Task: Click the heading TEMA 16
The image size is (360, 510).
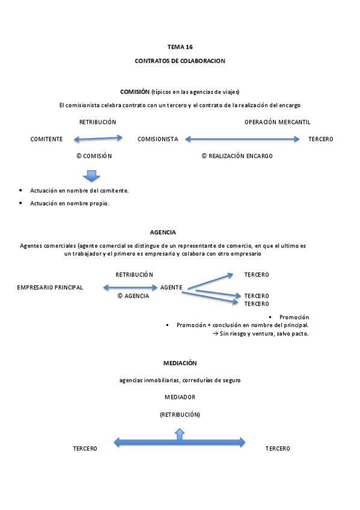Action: [x=180, y=46]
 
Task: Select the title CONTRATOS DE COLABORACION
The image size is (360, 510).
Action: [x=180, y=61]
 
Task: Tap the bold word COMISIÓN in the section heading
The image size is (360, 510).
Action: [x=135, y=92]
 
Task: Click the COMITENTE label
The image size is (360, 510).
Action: [x=46, y=140]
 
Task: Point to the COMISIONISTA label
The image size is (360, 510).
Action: [x=157, y=140]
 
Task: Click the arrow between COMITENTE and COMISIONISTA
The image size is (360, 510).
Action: [x=98, y=139]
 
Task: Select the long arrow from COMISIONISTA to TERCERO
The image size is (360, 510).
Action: [x=242, y=139]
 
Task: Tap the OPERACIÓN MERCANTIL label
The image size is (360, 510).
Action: [x=277, y=122]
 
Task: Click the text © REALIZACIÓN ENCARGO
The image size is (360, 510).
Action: [x=237, y=156]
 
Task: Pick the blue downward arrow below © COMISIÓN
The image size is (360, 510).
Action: [x=91, y=176]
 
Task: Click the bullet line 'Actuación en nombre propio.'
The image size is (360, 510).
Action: [x=70, y=203]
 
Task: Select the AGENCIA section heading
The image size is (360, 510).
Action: [x=162, y=232]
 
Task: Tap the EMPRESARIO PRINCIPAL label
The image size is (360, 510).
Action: [x=50, y=287]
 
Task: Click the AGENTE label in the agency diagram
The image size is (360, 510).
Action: [x=171, y=287]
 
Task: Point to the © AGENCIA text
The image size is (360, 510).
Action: [x=133, y=296]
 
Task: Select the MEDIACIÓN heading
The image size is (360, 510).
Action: [x=180, y=363]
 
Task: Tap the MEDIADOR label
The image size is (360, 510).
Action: [x=180, y=398]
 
